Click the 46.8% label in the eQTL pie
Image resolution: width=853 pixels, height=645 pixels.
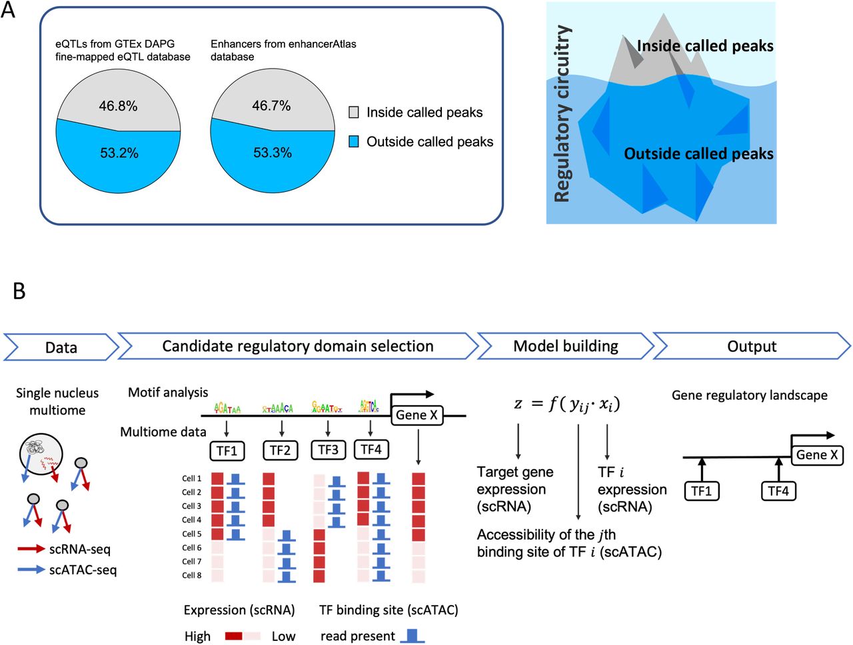point(118,106)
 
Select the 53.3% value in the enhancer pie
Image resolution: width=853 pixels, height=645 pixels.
point(273,153)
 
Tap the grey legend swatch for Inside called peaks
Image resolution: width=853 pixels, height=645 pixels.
point(354,112)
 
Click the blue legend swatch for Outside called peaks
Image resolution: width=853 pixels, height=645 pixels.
point(354,141)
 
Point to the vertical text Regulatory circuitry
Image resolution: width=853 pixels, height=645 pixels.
point(562,113)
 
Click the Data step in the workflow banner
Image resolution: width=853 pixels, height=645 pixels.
point(61,347)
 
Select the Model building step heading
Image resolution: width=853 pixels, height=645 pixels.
point(565,346)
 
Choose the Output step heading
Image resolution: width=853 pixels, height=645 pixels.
point(752,346)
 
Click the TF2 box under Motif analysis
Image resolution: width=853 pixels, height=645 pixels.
point(280,450)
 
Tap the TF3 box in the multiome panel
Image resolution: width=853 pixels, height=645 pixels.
point(328,450)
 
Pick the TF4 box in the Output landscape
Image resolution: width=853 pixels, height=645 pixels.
point(778,491)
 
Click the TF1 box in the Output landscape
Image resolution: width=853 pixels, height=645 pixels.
point(702,491)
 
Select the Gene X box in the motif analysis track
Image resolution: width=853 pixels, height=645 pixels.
point(417,415)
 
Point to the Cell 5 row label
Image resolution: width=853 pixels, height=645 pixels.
point(191,534)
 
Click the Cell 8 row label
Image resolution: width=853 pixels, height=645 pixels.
point(191,575)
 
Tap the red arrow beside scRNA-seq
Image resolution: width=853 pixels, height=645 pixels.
point(31,550)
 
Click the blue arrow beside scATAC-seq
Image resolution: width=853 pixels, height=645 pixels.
point(31,570)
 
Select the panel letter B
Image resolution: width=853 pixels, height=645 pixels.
point(19,291)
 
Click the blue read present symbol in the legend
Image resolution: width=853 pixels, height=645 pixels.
point(412,636)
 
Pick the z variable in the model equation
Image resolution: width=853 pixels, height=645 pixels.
point(518,404)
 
